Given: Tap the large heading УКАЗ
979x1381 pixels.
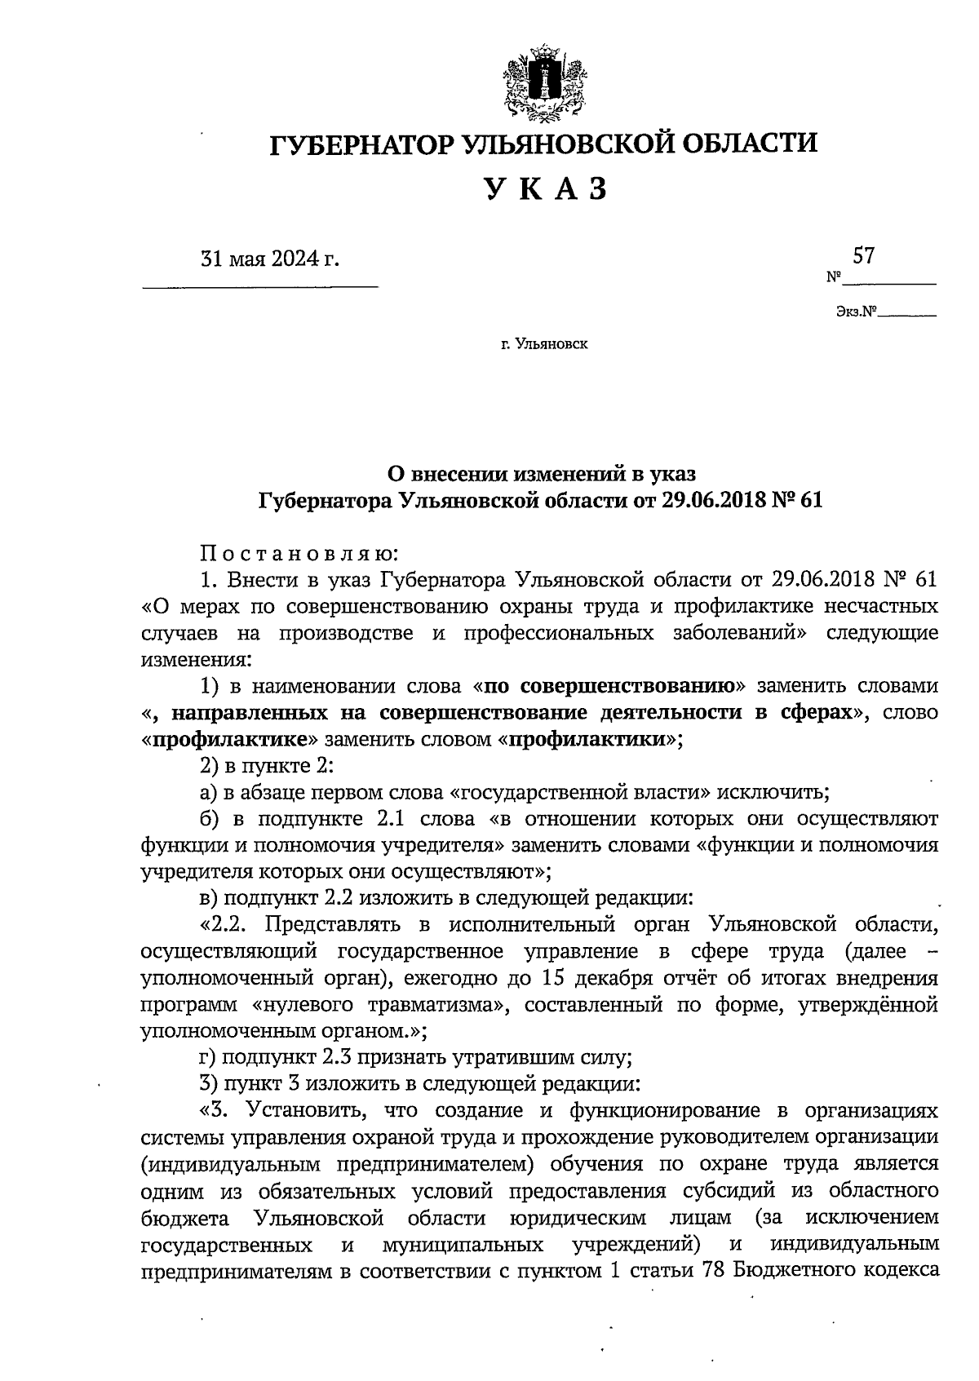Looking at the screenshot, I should [547, 189].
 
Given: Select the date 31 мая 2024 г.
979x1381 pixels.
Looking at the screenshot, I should [269, 260].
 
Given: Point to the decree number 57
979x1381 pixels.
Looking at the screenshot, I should [863, 255].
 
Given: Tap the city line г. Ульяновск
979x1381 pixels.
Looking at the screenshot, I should [544, 344].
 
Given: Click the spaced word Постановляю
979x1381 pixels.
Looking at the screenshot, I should [299, 554].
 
